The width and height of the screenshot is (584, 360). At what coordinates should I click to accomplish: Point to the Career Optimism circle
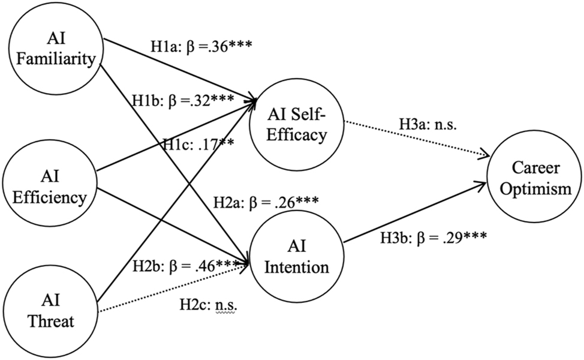[x=535, y=179]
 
